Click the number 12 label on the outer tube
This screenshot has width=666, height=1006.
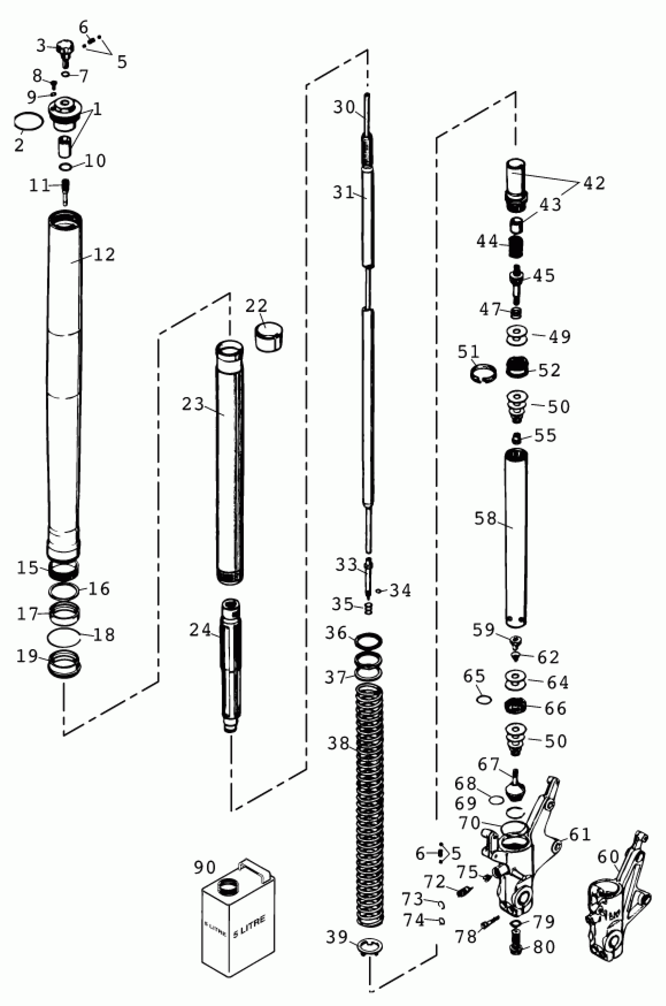(x=104, y=254)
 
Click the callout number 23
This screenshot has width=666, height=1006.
(x=193, y=404)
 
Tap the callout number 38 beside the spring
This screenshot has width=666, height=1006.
(x=338, y=743)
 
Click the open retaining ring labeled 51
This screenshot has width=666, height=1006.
(x=483, y=374)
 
